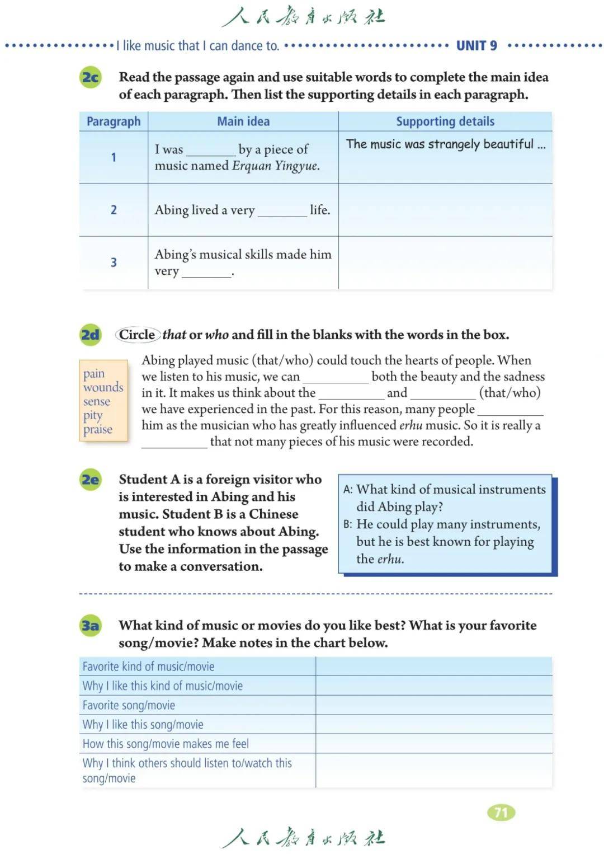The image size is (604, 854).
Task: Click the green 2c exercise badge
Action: coord(91,77)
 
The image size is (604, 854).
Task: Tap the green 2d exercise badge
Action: coord(91,335)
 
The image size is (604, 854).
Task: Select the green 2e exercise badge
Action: coord(91,480)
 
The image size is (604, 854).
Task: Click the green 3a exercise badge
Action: coord(91,625)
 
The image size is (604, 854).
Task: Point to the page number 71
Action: coord(501,812)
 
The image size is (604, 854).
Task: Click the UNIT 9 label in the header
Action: coord(476,46)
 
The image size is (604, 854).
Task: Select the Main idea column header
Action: coord(243,121)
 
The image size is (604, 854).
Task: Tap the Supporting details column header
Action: coord(445,121)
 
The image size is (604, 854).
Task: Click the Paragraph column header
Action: coord(114,121)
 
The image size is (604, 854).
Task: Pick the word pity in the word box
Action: coord(93,415)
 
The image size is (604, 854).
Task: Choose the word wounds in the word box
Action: coord(103,387)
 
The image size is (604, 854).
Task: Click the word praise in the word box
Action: coord(98,429)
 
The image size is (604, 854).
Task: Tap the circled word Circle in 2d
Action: coord(137,335)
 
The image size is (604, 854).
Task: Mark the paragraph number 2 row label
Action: coord(114,210)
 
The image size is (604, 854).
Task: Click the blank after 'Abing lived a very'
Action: coord(282,212)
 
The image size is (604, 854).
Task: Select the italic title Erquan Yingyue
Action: coord(276,166)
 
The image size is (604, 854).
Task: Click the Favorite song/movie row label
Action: coord(129,705)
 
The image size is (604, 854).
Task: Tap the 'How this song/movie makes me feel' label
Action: coord(166,744)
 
